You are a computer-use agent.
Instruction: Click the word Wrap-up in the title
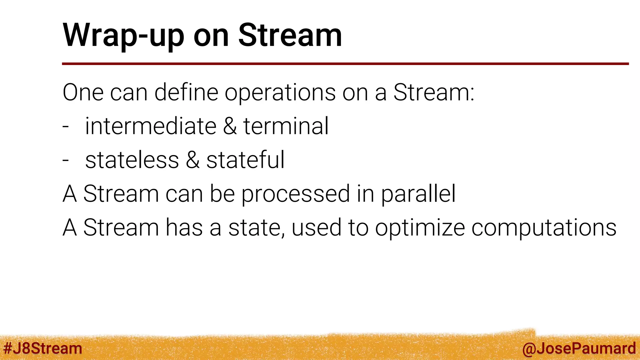tap(123, 36)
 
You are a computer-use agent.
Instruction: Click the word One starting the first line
tap(83, 92)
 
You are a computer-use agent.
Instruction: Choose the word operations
tap(280, 93)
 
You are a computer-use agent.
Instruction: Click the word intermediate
tap(151, 126)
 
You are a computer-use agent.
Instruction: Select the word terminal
tap(286, 126)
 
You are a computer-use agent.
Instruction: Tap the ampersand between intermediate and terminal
tap(230, 126)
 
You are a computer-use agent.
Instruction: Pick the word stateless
tap(132, 160)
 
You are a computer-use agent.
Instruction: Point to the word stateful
tap(245, 160)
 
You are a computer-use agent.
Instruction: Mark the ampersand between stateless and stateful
tap(192, 160)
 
